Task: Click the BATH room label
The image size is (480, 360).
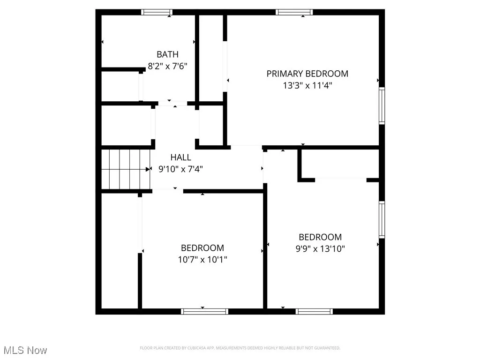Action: [x=167, y=54]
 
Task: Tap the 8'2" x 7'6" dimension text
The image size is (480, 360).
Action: [x=167, y=66]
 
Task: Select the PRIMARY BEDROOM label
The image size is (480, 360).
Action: [x=307, y=74]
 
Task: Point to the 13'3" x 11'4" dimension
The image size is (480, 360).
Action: [x=307, y=85]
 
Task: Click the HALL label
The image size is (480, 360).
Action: [x=180, y=157]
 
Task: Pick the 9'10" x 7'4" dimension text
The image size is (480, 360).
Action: [x=180, y=169]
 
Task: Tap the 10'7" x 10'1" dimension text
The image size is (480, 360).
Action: [x=202, y=259]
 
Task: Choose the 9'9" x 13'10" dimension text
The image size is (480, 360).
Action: [x=320, y=248]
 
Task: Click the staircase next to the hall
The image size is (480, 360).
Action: [x=125, y=169]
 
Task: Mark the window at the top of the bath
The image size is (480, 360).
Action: [x=157, y=12]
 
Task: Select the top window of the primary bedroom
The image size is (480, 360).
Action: [x=294, y=12]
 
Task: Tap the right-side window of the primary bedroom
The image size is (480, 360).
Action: [x=382, y=106]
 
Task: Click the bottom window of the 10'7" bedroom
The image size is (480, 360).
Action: [x=205, y=311]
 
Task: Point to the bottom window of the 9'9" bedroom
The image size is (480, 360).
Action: [x=314, y=311]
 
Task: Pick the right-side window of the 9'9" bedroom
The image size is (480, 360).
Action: [x=382, y=219]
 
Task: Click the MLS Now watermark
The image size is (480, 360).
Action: [x=24, y=350]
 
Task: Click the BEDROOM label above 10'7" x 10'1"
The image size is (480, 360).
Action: [x=202, y=247]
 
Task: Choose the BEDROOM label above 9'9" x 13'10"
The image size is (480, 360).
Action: [x=320, y=237]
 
